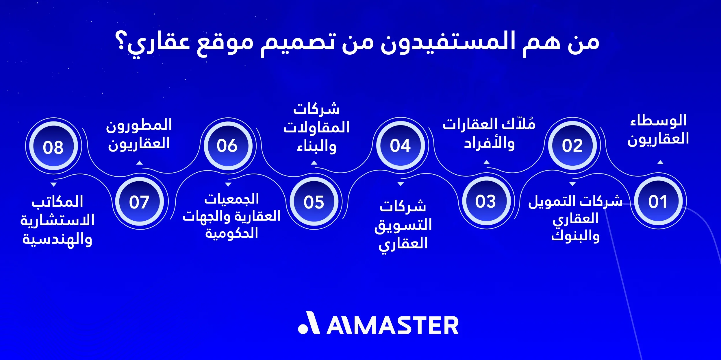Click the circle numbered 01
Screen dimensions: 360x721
(658, 201)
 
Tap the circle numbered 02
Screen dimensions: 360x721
(572, 145)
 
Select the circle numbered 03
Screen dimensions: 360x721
(486, 201)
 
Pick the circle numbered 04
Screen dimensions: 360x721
(400, 145)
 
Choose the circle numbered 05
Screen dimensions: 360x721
(314, 202)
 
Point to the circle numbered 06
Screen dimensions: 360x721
(227, 145)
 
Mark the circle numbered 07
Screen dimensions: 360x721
(139, 202)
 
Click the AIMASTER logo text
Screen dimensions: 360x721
(393, 326)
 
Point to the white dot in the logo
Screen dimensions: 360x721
(303, 329)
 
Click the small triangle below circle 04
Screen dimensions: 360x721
(401, 184)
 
